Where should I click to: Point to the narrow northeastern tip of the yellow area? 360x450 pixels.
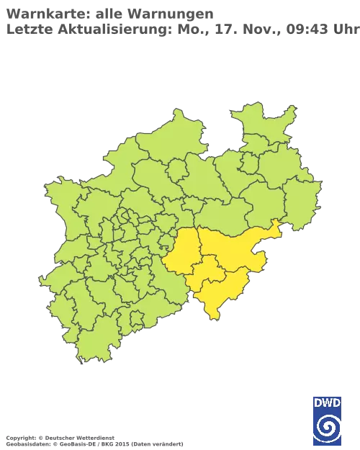274,228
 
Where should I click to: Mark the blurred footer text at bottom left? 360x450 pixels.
94,438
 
